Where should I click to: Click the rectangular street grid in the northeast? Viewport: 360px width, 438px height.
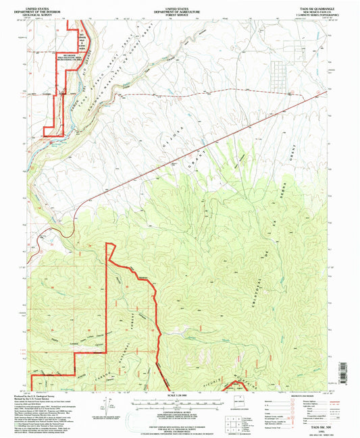278,67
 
